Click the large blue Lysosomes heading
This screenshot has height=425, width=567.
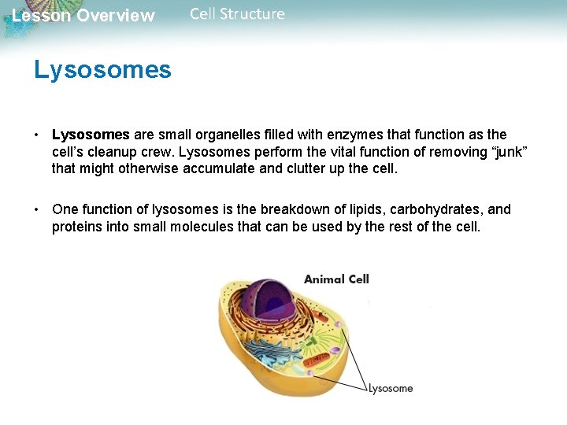102,70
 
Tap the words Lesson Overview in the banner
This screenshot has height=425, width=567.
83,16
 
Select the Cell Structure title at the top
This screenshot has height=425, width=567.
237,14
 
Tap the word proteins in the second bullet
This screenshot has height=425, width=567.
77,227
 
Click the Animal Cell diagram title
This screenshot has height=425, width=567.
336,279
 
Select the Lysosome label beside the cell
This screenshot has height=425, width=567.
390,388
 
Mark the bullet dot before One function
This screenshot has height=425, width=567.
37,209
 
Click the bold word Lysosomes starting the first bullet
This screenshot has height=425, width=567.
90,135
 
